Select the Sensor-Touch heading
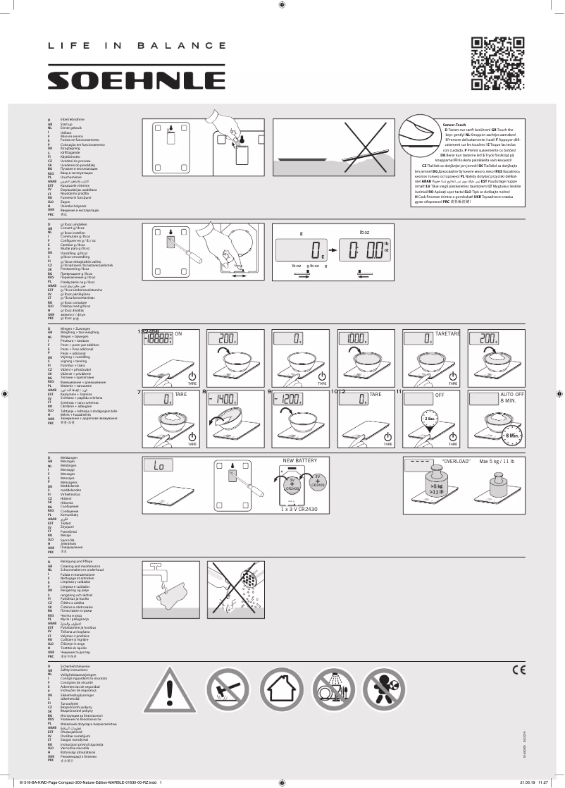pyautogui.click(x=454, y=124)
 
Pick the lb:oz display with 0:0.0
pyautogui.click(x=366, y=250)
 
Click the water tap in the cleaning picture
pyautogui.click(x=156, y=586)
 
